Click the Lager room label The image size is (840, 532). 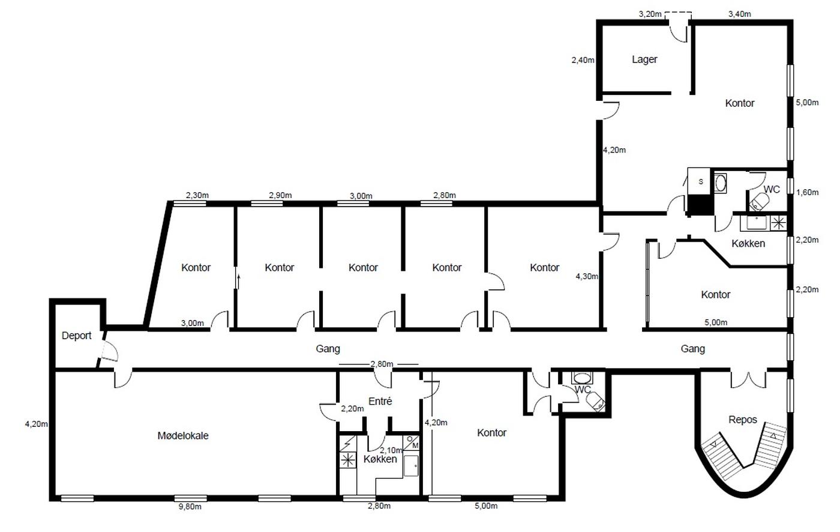(x=644, y=59)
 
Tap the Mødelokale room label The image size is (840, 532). (x=182, y=435)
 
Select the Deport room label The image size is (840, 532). (x=76, y=336)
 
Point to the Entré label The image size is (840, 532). (x=380, y=401)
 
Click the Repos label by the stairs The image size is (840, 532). (x=743, y=420)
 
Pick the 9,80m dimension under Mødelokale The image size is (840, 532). (x=190, y=507)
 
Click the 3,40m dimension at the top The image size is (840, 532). (x=739, y=14)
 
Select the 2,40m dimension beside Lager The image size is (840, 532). (x=583, y=60)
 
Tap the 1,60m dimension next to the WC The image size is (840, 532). (x=808, y=193)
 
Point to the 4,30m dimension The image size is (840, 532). (x=587, y=276)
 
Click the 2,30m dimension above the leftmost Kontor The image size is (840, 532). (x=197, y=196)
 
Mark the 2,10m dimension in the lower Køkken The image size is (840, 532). (x=391, y=450)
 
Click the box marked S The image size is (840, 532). (x=700, y=181)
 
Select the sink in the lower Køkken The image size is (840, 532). (x=411, y=465)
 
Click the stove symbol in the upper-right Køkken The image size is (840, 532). (x=779, y=223)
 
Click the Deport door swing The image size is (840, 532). (x=110, y=351)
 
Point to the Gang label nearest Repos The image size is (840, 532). (x=692, y=349)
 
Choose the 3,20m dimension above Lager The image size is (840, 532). (x=650, y=14)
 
